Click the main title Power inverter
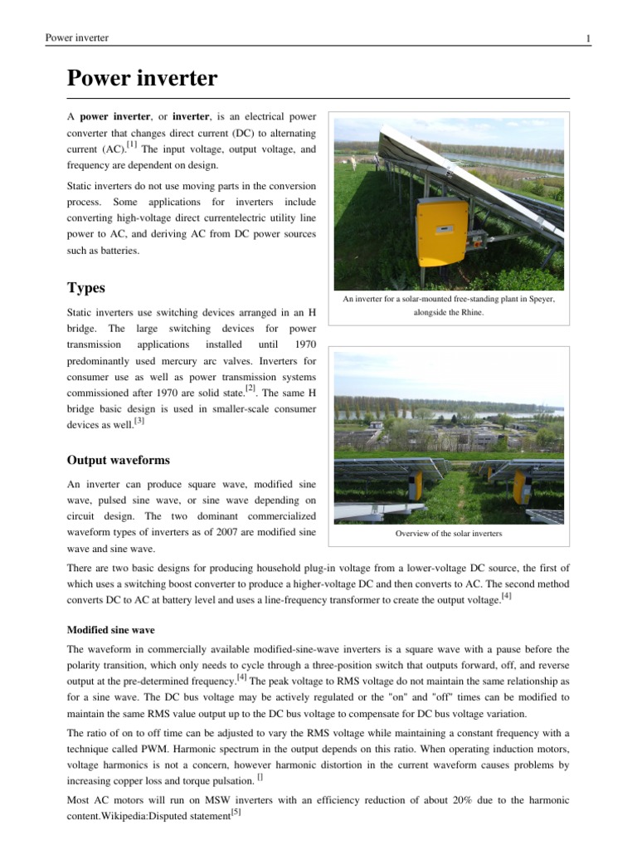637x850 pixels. coord(142,79)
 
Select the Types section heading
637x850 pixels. coord(86,288)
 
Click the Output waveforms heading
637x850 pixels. coord(119,459)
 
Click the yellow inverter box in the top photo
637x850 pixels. coord(441,230)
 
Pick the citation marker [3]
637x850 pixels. coord(139,420)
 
